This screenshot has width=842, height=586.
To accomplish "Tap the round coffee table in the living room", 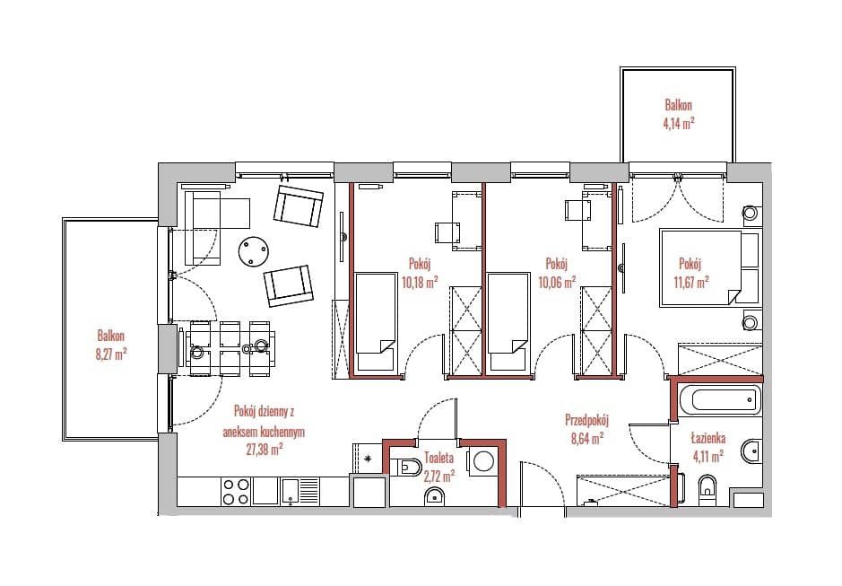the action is pyautogui.click(x=254, y=251).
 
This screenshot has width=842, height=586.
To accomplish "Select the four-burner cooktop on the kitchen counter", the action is pyautogui.click(x=236, y=492).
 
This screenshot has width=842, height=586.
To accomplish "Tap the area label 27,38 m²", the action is pyautogui.click(x=265, y=450).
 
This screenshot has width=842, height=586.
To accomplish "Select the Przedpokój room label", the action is pyautogui.click(x=587, y=419).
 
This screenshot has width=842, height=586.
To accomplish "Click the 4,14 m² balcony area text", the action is pyautogui.click(x=679, y=123).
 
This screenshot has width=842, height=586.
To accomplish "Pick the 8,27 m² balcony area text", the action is pyautogui.click(x=112, y=354).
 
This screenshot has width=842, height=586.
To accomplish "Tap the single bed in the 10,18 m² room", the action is pyautogui.click(x=376, y=321).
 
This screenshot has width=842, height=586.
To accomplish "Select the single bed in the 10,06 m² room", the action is pyautogui.click(x=508, y=321).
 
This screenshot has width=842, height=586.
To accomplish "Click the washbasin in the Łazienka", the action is pyautogui.click(x=751, y=450).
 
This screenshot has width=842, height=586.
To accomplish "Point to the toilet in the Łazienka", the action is pyautogui.click(x=707, y=487).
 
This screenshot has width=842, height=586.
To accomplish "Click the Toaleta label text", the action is pyautogui.click(x=439, y=458).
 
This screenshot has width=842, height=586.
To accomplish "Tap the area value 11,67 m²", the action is pyautogui.click(x=691, y=282).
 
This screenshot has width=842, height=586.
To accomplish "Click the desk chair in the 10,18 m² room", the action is pyautogui.click(x=447, y=232).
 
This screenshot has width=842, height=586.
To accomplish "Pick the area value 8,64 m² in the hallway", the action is pyautogui.click(x=587, y=438).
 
